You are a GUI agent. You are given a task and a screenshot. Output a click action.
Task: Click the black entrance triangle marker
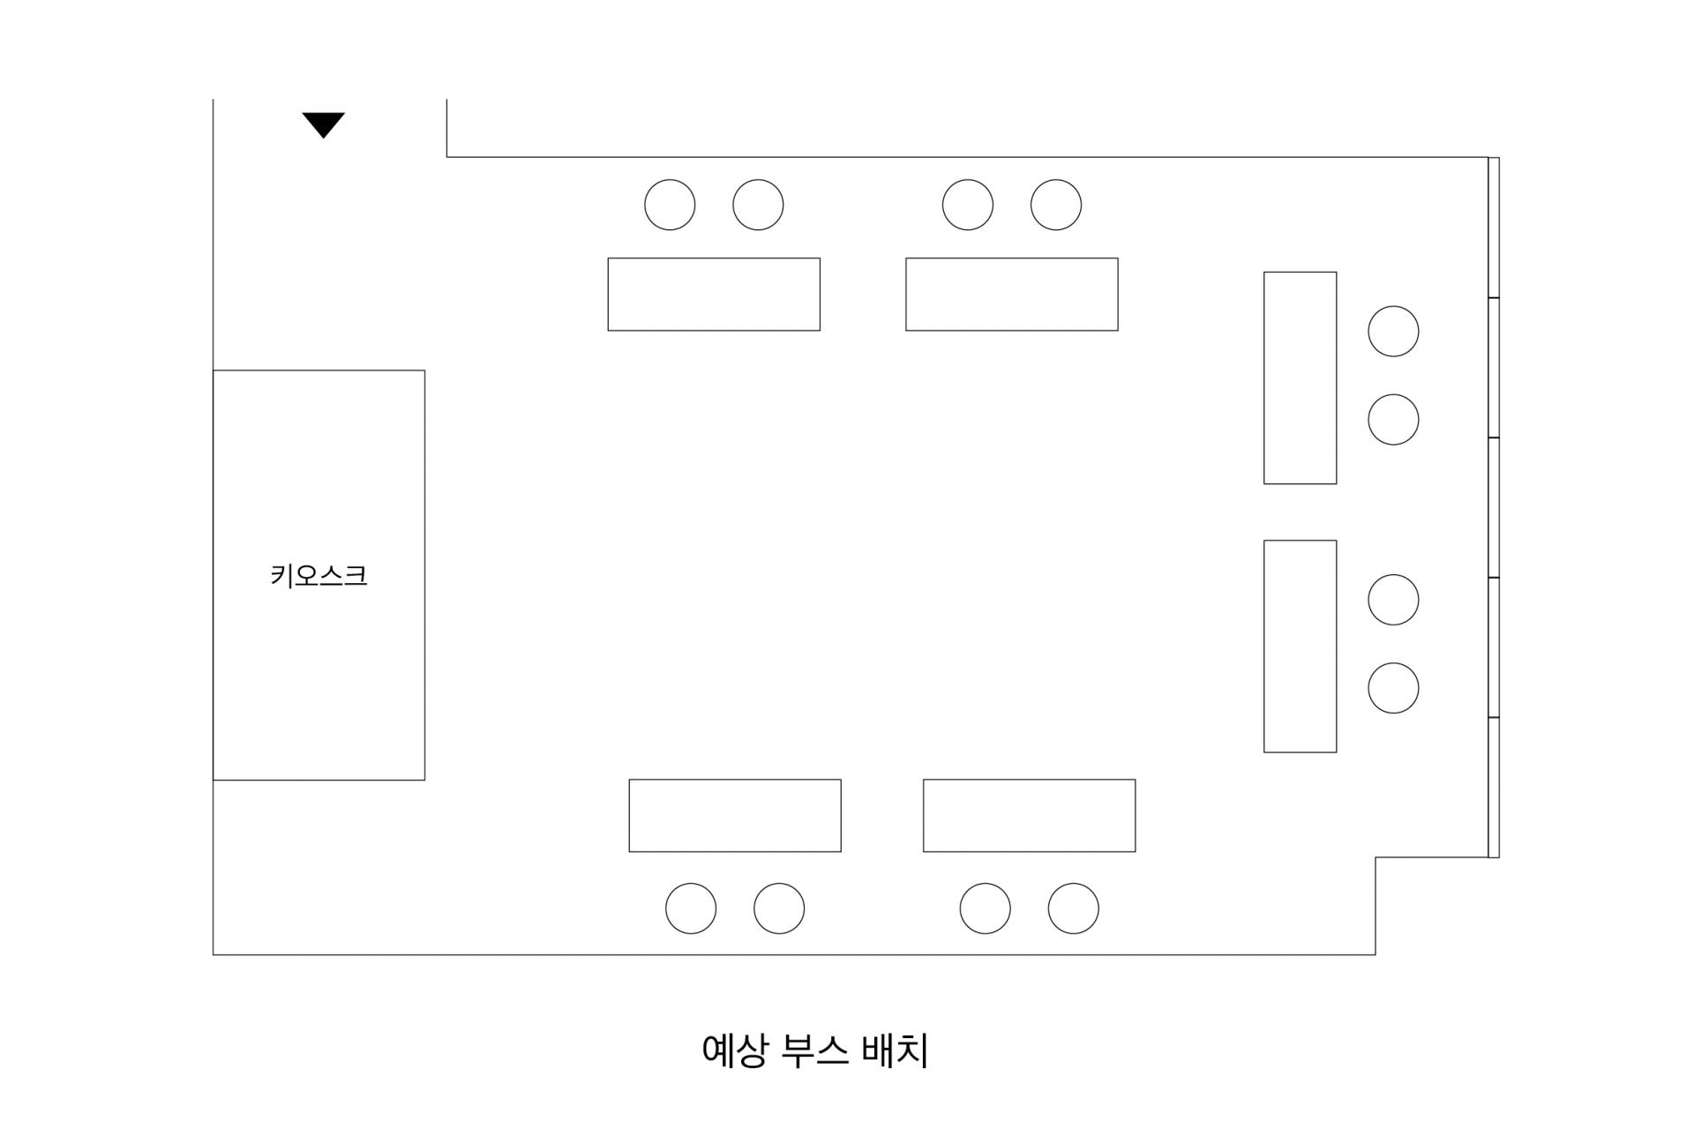click(323, 123)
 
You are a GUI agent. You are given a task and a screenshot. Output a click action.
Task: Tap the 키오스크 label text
click(319, 576)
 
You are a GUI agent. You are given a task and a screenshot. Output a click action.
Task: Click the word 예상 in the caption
click(734, 1051)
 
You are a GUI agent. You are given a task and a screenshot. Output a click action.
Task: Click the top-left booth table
click(714, 295)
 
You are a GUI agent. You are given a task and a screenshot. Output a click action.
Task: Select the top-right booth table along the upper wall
click(1011, 295)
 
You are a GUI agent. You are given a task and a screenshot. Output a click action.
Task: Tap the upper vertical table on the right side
click(1300, 378)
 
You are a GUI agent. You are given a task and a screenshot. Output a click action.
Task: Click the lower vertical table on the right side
click(1300, 646)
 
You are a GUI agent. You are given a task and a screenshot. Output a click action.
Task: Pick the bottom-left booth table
click(735, 815)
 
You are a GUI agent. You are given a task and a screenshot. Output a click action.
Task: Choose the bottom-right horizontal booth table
click(1029, 815)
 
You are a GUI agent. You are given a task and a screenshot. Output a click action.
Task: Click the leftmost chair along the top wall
click(670, 205)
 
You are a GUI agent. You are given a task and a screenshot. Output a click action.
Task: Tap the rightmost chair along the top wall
click(1056, 205)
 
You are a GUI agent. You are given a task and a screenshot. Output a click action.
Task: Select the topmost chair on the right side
click(1393, 332)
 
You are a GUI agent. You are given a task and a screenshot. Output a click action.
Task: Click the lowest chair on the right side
click(1393, 688)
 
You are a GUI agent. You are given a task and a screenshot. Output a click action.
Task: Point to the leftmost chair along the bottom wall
click(691, 908)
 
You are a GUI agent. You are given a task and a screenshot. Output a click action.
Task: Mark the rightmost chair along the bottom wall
click(1073, 908)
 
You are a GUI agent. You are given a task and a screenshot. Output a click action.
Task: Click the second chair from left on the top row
click(758, 205)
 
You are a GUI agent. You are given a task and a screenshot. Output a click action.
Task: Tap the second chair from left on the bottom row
click(779, 908)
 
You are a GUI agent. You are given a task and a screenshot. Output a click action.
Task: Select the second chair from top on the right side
click(1393, 419)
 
